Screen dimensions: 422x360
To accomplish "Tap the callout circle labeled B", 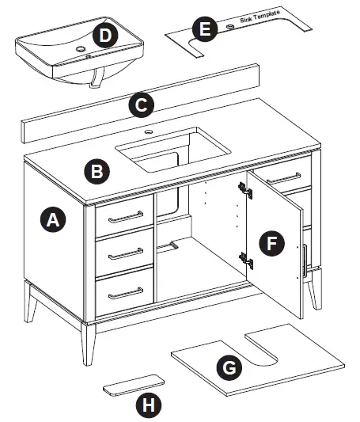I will coord(97,170).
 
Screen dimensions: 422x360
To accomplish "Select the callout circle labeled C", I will coord(141,104).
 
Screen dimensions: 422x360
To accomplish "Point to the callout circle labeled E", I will coord(205,30).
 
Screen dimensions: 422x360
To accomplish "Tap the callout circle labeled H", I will coord(146,405).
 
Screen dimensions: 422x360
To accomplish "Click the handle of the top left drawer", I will coord(125,216).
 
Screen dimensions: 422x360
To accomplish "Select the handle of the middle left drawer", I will coord(125,253).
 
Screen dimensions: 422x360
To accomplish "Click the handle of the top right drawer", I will coord(282,177).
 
